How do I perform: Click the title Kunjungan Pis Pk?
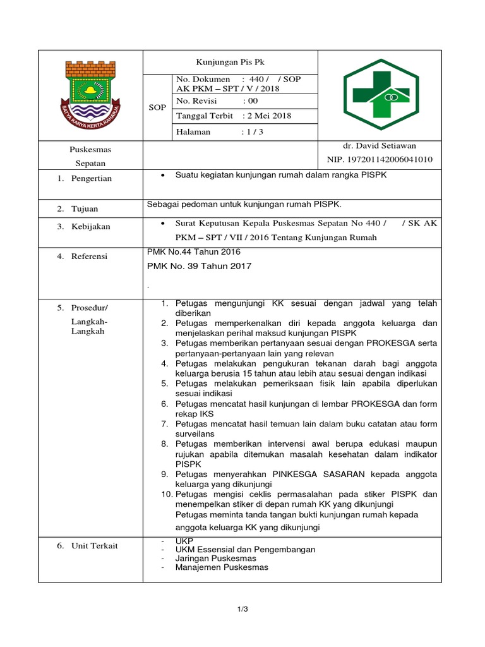[231, 63]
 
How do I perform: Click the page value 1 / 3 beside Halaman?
[252, 132]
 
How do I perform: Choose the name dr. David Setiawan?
[380, 146]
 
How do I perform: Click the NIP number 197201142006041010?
[380, 159]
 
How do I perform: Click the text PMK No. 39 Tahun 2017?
[199, 266]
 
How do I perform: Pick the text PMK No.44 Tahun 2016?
[193, 252]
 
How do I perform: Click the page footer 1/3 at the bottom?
[242, 609]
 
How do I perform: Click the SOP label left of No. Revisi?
[157, 107]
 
